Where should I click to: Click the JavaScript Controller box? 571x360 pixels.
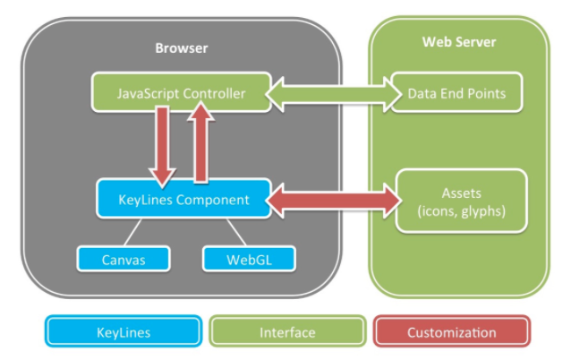(182, 93)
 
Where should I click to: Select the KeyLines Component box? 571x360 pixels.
(183, 200)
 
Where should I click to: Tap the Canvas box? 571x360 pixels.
(123, 261)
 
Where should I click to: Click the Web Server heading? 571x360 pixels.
(458, 42)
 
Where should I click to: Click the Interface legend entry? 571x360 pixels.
(287, 332)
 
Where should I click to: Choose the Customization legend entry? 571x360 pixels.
(451, 332)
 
